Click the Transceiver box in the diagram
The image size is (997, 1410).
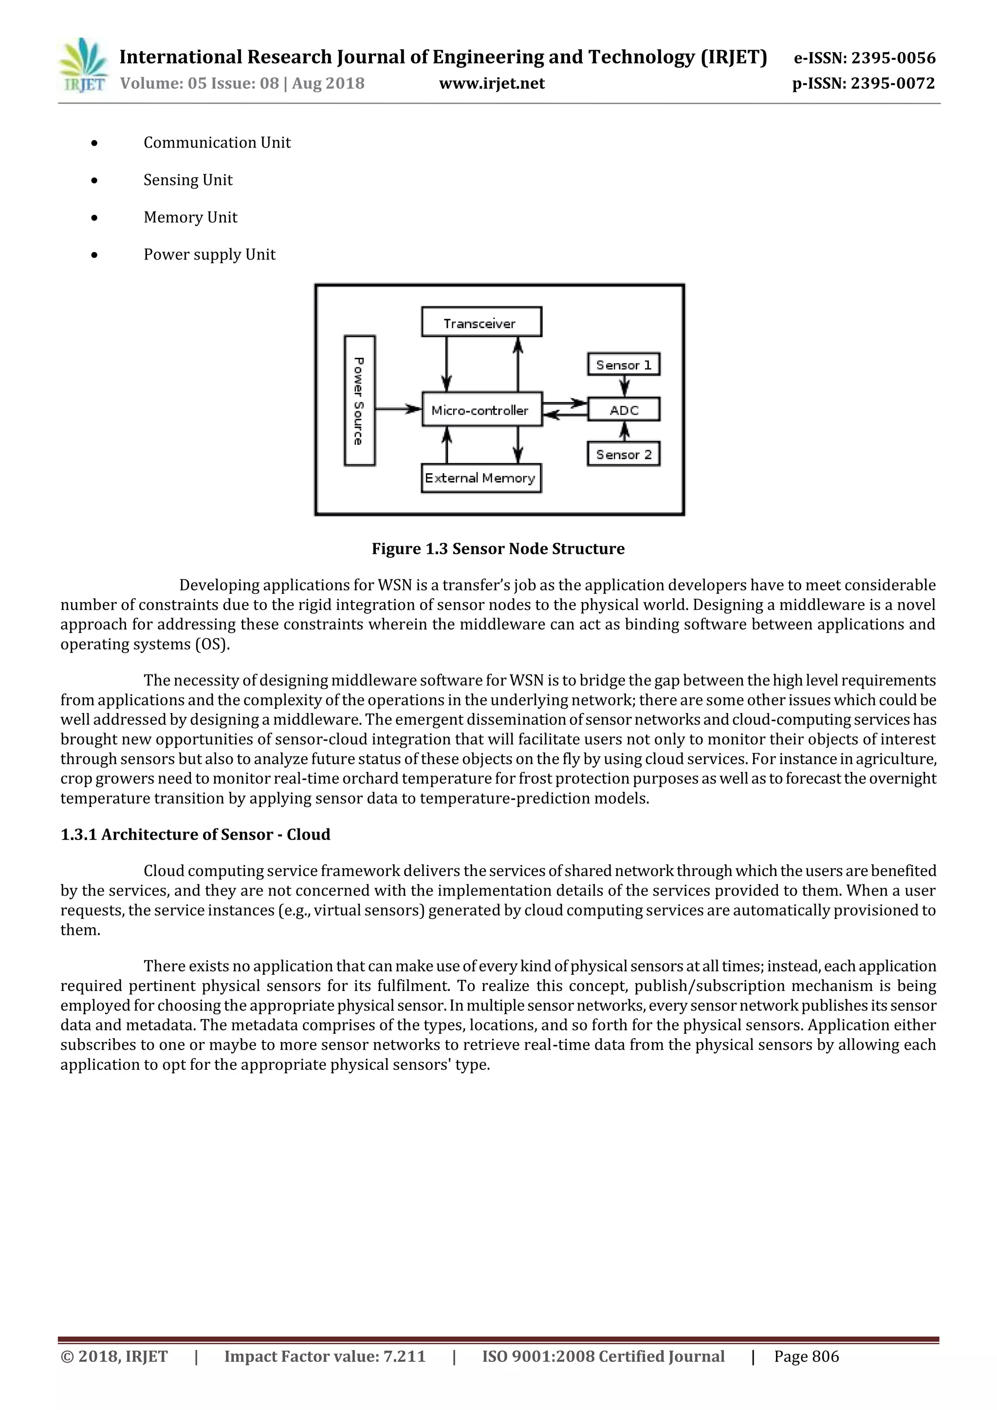(x=481, y=322)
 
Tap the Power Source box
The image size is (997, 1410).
(x=359, y=401)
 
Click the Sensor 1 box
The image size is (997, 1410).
(x=623, y=365)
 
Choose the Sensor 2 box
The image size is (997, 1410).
(x=623, y=455)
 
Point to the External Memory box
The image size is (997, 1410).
(x=481, y=478)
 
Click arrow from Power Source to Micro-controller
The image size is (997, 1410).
(x=398, y=408)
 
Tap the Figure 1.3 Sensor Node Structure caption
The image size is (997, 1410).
(x=498, y=549)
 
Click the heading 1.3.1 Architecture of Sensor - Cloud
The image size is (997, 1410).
(x=195, y=834)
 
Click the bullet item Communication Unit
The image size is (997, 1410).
(x=217, y=143)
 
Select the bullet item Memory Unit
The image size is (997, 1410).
(x=190, y=218)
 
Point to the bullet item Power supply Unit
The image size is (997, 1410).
(x=209, y=254)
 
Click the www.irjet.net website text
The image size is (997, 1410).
(x=491, y=84)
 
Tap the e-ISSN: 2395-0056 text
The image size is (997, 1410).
(x=864, y=58)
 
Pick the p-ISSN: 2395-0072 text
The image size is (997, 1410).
(x=863, y=84)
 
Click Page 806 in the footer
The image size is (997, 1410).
(x=806, y=1356)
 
